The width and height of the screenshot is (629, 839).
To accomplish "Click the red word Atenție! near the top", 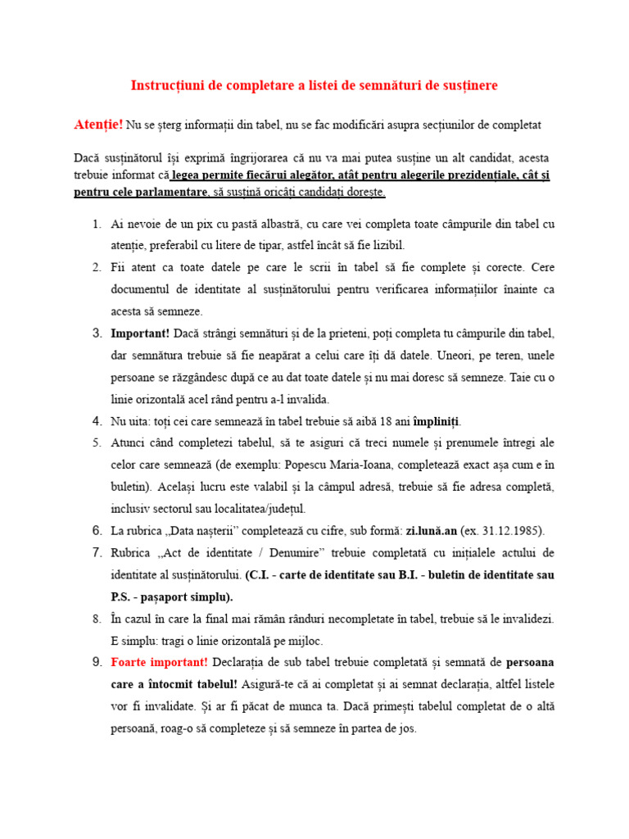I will pos(98,125).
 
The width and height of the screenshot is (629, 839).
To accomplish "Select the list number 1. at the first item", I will pos(97,224).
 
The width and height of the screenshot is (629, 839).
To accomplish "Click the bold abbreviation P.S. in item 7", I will pos(125,596).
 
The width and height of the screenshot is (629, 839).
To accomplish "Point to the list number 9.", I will pos(97,662).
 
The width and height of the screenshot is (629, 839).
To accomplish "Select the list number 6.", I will pos(97,530).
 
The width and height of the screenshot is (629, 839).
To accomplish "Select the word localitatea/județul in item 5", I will pos(257,508).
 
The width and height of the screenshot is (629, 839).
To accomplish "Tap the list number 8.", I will pos(97,619).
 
